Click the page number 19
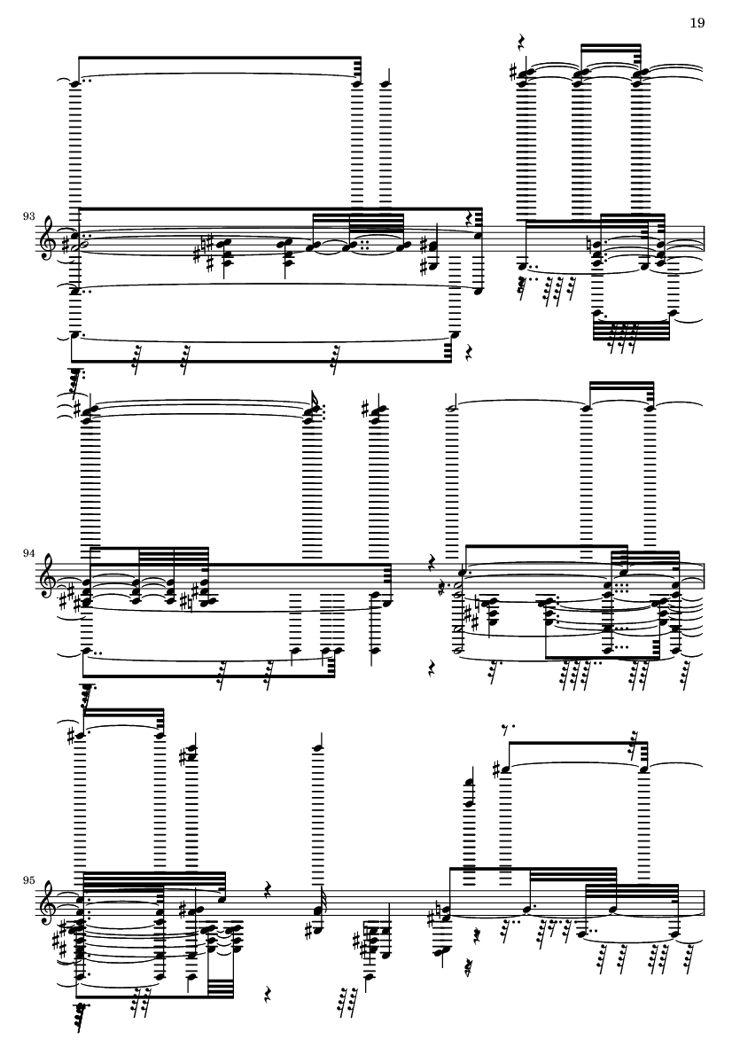(697, 23)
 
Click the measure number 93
(28, 216)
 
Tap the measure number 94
(28, 553)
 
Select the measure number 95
(28, 880)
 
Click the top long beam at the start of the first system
(220, 59)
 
